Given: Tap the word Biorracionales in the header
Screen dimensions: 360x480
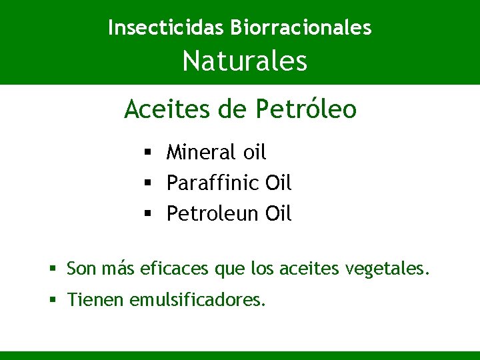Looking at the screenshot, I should [x=301, y=27].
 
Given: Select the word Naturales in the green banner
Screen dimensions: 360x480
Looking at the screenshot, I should [x=245, y=61].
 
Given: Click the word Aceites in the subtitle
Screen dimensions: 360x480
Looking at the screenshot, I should [x=167, y=109].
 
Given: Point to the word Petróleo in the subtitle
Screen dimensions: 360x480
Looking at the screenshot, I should [x=306, y=109].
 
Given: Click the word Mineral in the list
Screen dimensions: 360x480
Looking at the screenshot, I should [x=201, y=153].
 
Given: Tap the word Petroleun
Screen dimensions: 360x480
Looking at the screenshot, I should [x=213, y=214].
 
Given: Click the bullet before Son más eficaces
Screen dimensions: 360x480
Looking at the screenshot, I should [x=53, y=269].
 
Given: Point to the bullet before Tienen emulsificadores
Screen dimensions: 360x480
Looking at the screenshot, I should [x=53, y=301].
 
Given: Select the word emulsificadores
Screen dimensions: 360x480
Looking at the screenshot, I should [x=198, y=301].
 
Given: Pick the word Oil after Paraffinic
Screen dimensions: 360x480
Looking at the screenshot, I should [x=279, y=183].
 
